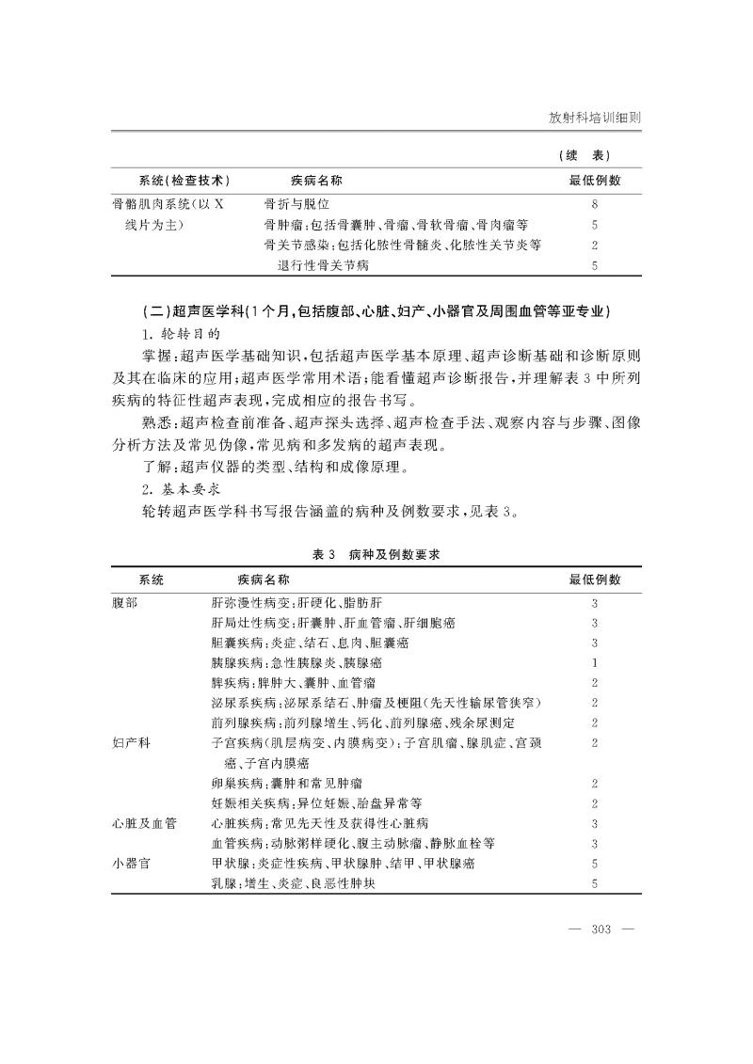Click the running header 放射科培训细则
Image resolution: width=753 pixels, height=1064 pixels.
tap(594, 119)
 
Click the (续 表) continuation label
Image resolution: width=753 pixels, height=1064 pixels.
tap(588, 154)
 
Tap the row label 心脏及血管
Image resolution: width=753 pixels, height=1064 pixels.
tap(144, 823)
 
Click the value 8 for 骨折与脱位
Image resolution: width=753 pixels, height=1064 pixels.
tap(595, 203)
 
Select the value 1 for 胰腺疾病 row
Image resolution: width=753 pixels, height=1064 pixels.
tap(595, 663)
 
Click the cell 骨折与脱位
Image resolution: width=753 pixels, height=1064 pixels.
tap(296, 203)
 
